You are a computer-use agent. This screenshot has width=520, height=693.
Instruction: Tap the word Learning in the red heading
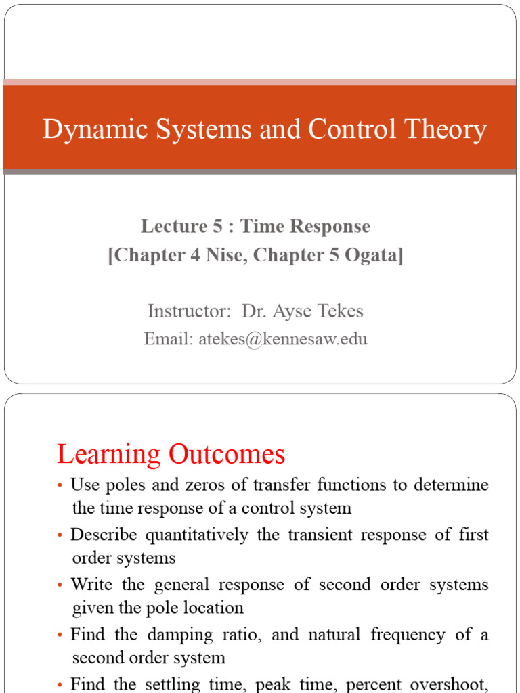109,455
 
